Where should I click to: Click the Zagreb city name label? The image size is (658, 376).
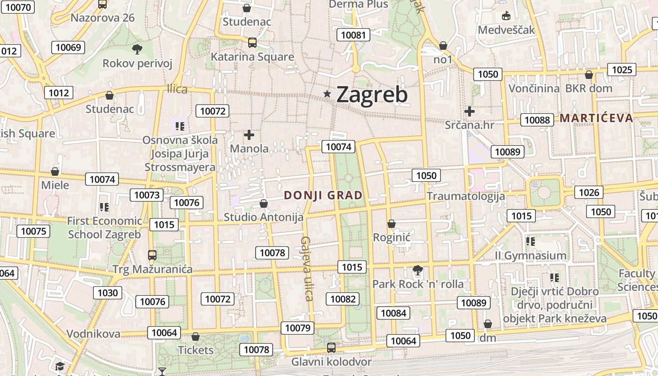pyautogui.click(x=372, y=95)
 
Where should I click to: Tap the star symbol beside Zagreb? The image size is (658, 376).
pyautogui.click(x=327, y=94)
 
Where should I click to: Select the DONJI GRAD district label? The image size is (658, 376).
pyautogui.click(x=323, y=195)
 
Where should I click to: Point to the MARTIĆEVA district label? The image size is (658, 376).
pyautogui.click(x=596, y=117)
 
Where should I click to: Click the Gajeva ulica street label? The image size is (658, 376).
pyautogui.click(x=306, y=268)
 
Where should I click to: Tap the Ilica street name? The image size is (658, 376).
pyautogui.click(x=177, y=89)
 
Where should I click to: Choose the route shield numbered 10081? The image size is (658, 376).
pyautogui.click(x=353, y=35)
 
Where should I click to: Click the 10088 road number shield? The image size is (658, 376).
pyautogui.click(x=537, y=120)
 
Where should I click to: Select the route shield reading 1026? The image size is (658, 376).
pyautogui.click(x=589, y=192)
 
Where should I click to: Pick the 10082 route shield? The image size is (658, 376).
pyautogui.click(x=343, y=299)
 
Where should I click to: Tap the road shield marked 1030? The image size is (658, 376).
pyautogui.click(x=108, y=293)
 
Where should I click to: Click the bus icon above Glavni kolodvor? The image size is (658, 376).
pyautogui.click(x=331, y=348)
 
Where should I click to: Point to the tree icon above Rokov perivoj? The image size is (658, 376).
pyautogui.click(x=137, y=49)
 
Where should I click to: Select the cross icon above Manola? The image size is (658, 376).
pyautogui.click(x=249, y=135)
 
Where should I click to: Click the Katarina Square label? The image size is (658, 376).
pyautogui.click(x=252, y=57)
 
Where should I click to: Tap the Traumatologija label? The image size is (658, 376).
pyautogui.click(x=466, y=196)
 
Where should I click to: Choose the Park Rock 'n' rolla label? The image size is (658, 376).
pyautogui.click(x=418, y=284)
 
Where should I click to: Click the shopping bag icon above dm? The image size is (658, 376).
pyautogui.click(x=488, y=324)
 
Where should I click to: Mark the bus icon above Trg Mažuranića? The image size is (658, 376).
pyautogui.click(x=152, y=255)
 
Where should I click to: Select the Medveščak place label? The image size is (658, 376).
pyautogui.click(x=506, y=30)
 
